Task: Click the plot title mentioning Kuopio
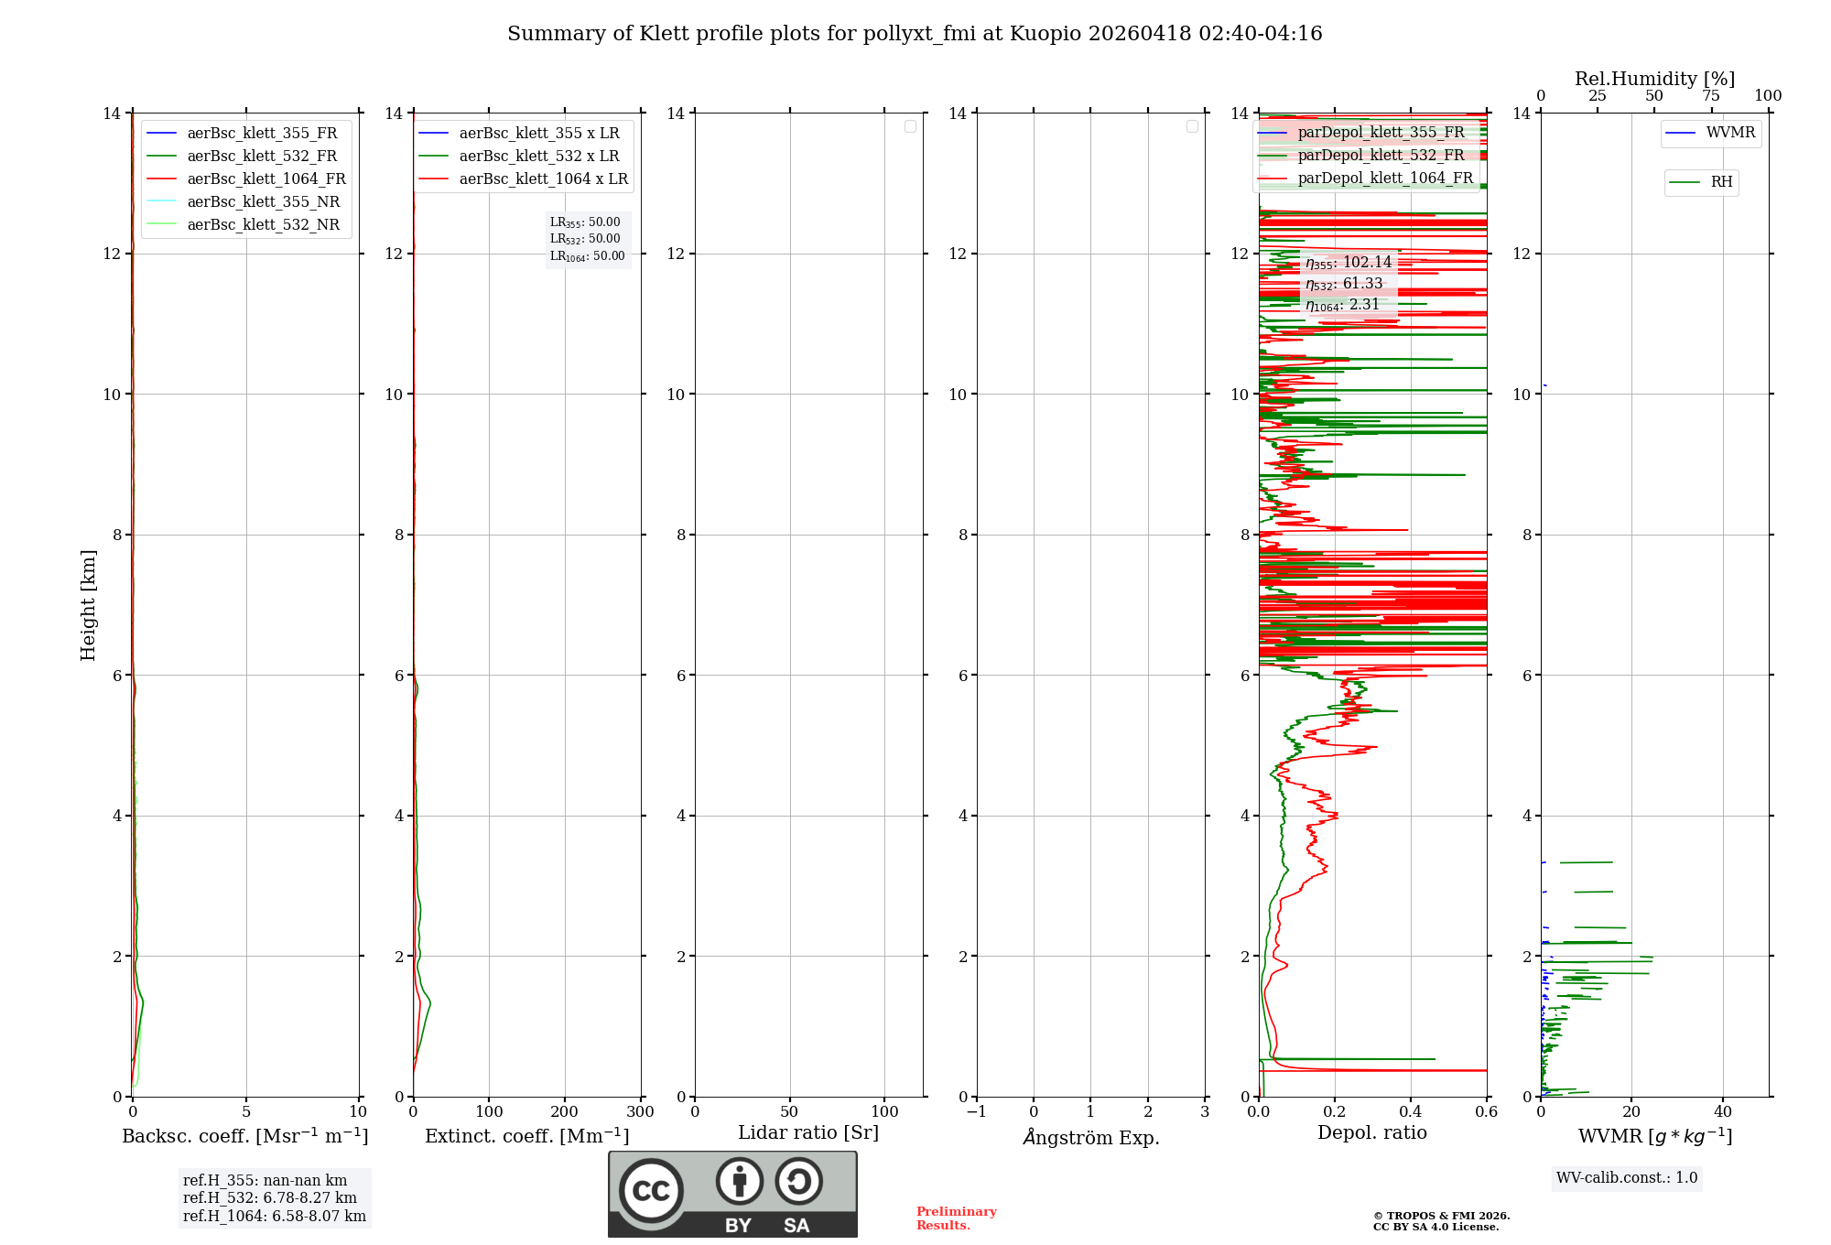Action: pyautogui.click(x=915, y=34)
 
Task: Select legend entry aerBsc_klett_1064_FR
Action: pyautogui.click(x=265, y=179)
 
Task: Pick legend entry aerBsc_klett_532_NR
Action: pyautogui.click(x=263, y=224)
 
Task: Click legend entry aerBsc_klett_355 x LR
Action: pyautogui.click(x=538, y=133)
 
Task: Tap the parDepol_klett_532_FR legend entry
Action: pyautogui.click(x=1381, y=155)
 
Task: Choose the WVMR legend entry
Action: pyautogui.click(x=1729, y=133)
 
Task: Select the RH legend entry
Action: pyautogui.click(x=1720, y=182)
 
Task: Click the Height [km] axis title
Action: pyautogui.click(x=88, y=604)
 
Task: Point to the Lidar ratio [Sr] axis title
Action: pyautogui.click(x=808, y=1132)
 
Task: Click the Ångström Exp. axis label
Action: pyautogui.click(x=1090, y=1137)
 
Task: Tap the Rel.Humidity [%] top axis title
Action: pyautogui.click(x=1654, y=79)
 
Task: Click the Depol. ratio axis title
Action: pyautogui.click(x=1371, y=1132)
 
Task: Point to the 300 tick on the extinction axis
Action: pyautogui.click(x=640, y=1111)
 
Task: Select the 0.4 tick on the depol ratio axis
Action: pyautogui.click(x=1411, y=1111)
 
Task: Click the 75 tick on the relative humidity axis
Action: pyautogui.click(x=1711, y=96)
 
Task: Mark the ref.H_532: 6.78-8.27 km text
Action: pyautogui.click(x=269, y=1197)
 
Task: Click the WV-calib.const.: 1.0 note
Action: pyautogui.click(x=1626, y=1177)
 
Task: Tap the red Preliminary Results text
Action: pyautogui.click(x=956, y=1218)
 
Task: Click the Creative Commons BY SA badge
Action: pyautogui.click(x=732, y=1194)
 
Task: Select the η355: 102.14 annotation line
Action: pyautogui.click(x=1348, y=263)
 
